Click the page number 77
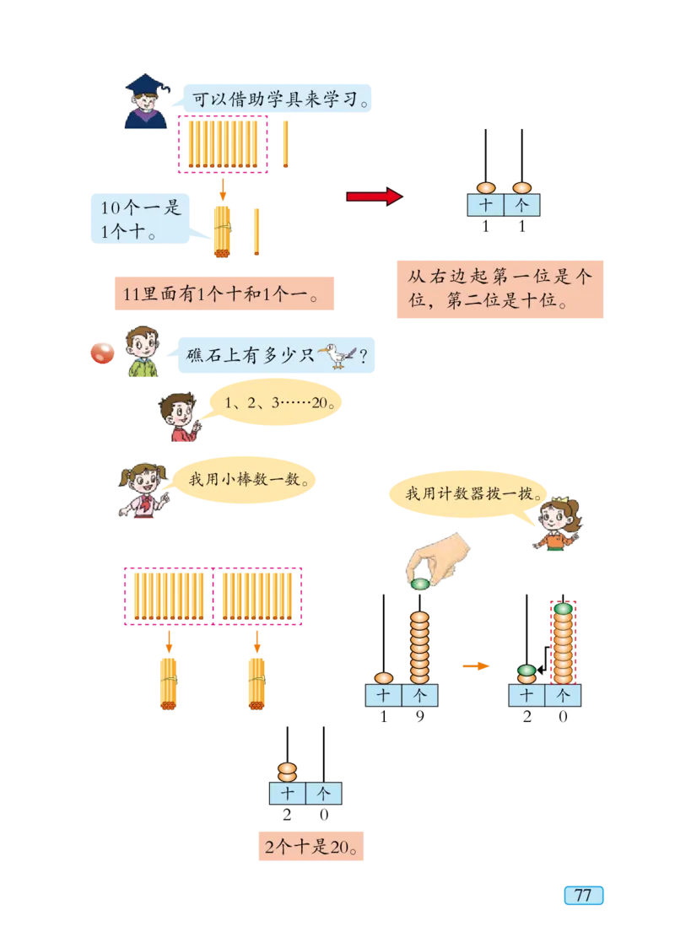pos(583,896)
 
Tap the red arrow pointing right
pos(374,197)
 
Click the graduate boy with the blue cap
pos(146,101)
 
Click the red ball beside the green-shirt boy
pos(101,352)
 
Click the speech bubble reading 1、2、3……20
pos(274,404)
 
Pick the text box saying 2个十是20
pos(310,848)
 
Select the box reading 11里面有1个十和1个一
pos(222,294)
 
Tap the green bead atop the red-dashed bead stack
pos(563,608)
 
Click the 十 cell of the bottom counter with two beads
pos(288,794)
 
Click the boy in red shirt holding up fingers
pos(180,418)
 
